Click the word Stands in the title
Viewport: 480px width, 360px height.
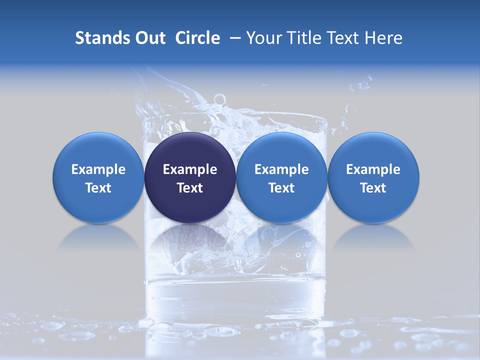coord(101,38)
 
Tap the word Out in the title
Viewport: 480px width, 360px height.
coord(149,38)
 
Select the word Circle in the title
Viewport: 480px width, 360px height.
coord(197,38)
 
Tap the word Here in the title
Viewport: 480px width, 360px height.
coord(383,38)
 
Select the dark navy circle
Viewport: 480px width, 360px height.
coord(190,177)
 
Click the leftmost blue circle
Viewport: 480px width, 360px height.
coord(98,177)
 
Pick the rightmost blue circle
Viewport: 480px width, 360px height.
coord(373,177)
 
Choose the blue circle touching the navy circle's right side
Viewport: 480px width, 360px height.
coord(281,177)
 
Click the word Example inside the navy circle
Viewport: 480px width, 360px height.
coord(190,169)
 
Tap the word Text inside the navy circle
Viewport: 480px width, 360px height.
coord(190,188)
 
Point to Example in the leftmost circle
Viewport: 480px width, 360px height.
coord(98,169)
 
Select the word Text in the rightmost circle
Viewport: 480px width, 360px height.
coord(373,188)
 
